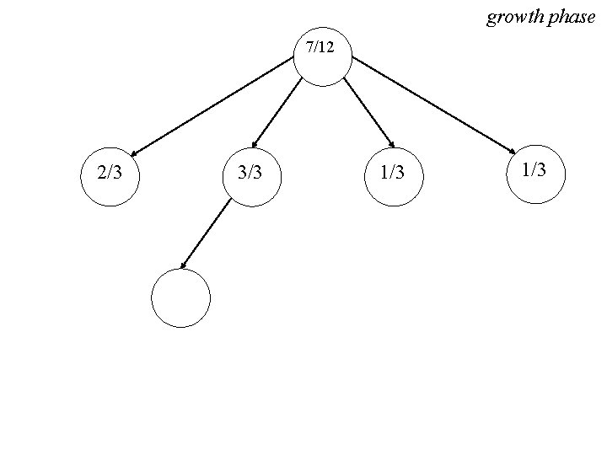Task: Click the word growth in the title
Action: coord(514,17)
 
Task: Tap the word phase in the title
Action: coord(572,17)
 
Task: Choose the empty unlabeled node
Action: coord(180,297)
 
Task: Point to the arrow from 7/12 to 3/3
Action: coord(278,113)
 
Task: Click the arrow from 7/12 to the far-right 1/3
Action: coord(432,105)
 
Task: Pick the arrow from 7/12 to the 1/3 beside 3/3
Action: coord(368,113)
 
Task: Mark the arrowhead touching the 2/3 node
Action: coord(134,154)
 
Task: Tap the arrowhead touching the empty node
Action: coord(184,265)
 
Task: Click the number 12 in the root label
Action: coord(327,48)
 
